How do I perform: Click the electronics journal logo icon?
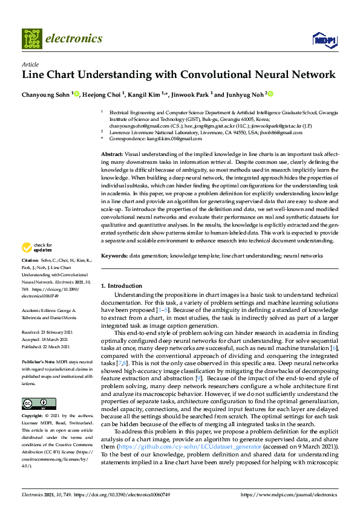pos(32,38)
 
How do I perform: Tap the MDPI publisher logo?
pos(324,40)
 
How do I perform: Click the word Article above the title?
pos(30,63)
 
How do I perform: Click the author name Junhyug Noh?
pos(244,94)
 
